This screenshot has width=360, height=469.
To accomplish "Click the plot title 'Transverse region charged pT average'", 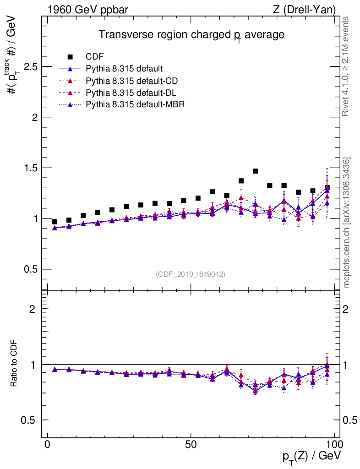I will click(192, 35).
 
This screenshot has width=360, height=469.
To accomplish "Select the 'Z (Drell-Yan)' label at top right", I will click(303, 9).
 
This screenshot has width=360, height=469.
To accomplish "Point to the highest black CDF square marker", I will click(256, 171).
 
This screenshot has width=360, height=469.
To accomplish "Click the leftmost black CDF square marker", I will click(55, 222).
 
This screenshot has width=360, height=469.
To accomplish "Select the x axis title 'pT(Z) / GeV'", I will click(311, 456).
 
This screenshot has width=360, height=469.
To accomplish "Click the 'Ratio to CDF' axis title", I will click(14, 364).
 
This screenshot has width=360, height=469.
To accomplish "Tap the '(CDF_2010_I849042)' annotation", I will click(191, 274).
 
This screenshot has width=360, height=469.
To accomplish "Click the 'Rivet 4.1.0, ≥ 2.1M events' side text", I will click(346, 67).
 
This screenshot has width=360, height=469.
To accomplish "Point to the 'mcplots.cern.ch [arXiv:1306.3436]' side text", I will click(347, 223).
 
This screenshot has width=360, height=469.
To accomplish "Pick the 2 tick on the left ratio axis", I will click(33, 309).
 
